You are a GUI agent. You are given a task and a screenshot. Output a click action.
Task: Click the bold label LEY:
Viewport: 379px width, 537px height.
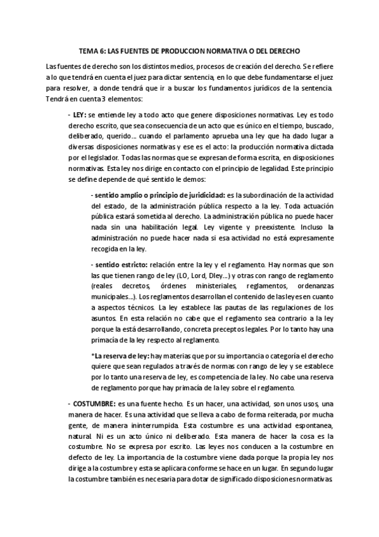click(79, 116)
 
